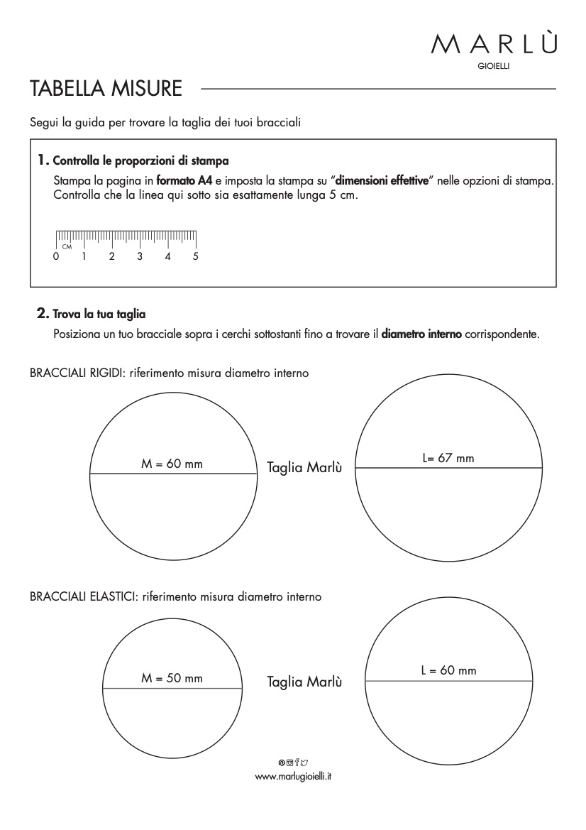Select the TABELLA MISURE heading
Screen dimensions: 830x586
pos(106,89)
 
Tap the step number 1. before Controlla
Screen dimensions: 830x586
pos(44,159)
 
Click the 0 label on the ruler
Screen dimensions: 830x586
pos(56,256)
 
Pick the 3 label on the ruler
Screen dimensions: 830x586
pos(140,256)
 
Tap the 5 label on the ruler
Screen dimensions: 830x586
pos(196,256)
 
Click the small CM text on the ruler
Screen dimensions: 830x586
pos(67,246)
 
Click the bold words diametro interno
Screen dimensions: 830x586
pos(421,333)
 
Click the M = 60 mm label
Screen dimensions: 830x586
pos(172,464)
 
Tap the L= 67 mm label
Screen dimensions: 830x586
pos(448,459)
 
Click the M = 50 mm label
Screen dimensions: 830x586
pos(172,679)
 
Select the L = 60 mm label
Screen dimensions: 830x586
pos(448,670)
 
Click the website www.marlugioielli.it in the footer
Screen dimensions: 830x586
pos(293,777)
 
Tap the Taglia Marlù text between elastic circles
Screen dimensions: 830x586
pos(304,682)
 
